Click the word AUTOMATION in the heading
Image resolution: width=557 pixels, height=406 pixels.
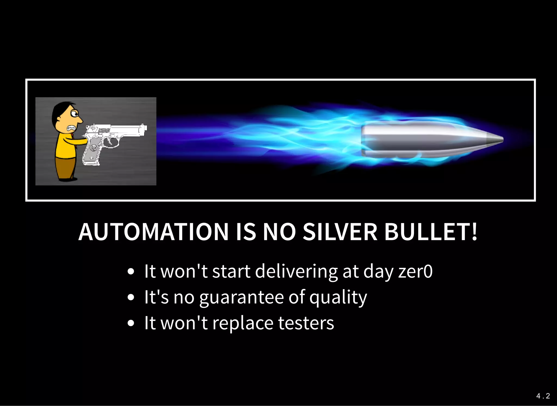click(x=153, y=232)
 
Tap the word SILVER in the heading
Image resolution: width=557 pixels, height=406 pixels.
click(x=340, y=232)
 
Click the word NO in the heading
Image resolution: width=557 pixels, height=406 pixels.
click(x=279, y=232)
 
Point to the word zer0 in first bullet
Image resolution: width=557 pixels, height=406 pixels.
click(x=415, y=272)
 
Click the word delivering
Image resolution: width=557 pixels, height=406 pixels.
click(x=296, y=272)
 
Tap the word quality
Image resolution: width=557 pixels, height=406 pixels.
click(x=338, y=297)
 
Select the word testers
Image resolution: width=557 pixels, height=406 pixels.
click(x=306, y=323)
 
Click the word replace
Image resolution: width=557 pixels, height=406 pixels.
click(x=243, y=323)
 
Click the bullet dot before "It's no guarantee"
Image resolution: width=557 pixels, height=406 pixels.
click(x=131, y=297)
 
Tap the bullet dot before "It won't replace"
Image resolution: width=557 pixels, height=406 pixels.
click(x=131, y=323)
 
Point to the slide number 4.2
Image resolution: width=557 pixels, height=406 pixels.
click(x=543, y=396)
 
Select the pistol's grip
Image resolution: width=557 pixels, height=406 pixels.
click(x=91, y=154)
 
